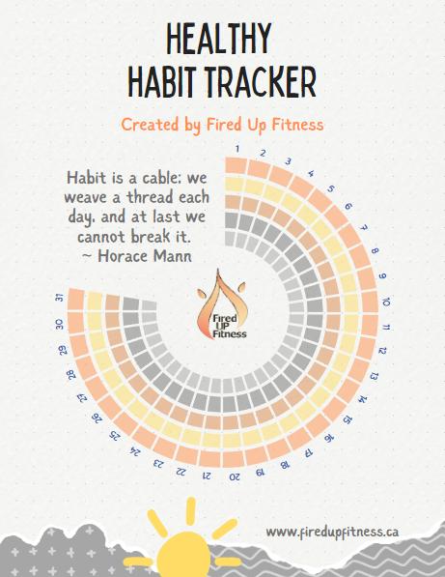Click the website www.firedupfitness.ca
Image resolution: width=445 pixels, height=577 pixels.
coord(332,532)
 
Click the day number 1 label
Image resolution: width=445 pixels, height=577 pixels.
coord(236,148)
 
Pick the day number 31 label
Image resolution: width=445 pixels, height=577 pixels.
coord(61,298)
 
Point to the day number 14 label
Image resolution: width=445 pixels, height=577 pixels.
coord(362,398)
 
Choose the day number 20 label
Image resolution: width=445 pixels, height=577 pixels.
coord(235,476)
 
